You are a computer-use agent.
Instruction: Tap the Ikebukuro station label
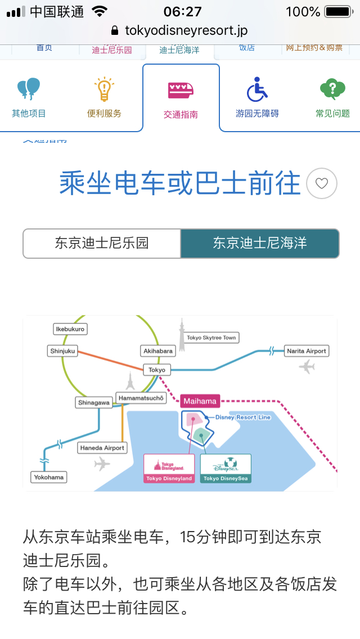[x=70, y=329]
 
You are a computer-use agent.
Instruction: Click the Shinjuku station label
[x=62, y=351]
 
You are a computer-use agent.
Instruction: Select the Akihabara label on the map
[x=158, y=351]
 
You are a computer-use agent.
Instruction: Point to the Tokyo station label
[x=157, y=370]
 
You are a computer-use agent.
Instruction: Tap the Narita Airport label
[x=307, y=351]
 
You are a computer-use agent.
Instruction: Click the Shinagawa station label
[x=94, y=403]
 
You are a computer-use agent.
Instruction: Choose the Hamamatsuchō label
[x=141, y=398]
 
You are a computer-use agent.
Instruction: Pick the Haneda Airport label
[x=102, y=448]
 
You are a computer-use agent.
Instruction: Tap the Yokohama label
[x=48, y=477]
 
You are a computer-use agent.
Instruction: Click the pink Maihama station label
[x=200, y=402]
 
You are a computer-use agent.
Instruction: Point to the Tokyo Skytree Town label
[x=211, y=337]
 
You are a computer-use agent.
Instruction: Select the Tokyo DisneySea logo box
[x=226, y=468]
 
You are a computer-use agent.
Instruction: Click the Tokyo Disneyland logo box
[x=169, y=468]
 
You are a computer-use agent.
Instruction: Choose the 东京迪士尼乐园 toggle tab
[x=102, y=243]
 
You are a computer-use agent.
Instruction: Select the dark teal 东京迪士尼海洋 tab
[x=259, y=243]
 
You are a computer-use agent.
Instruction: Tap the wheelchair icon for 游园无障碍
[x=257, y=90]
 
